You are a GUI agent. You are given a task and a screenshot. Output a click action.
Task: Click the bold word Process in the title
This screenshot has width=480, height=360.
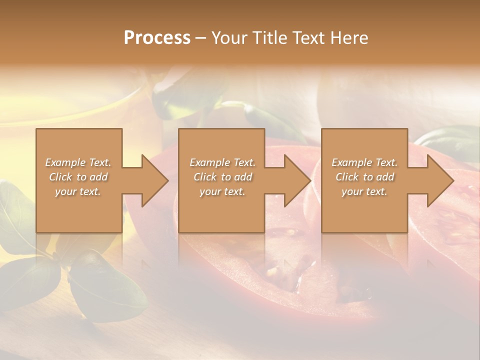[157, 38]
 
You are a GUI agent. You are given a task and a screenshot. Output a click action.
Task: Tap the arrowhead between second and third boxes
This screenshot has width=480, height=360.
[297, 180]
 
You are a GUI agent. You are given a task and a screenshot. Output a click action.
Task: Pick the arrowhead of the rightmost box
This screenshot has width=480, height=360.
[439, 180]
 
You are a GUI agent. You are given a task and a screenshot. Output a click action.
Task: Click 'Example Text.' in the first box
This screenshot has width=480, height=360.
[78, 162]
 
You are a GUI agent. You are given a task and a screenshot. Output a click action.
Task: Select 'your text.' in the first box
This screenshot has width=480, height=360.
[78, 191]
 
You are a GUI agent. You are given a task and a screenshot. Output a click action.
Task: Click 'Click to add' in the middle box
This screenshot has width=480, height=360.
[222, 177]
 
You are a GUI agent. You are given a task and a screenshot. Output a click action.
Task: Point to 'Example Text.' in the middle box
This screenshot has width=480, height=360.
[222, 162]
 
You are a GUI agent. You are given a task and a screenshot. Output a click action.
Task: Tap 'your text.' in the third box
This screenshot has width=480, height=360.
[364, 191]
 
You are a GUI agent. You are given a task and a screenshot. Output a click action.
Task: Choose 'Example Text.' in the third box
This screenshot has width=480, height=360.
[364, 162]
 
